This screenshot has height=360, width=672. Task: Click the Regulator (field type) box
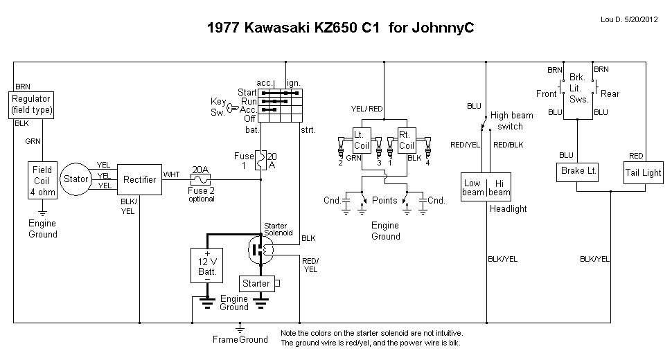tap(32, 105)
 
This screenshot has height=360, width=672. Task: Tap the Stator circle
tap(76, 179)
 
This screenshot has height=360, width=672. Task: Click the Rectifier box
tap(139, 180)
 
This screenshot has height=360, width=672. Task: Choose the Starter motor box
tap(256, 283)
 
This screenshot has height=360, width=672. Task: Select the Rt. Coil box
tap(406, 141)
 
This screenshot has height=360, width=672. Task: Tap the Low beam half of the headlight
tap(472, 187)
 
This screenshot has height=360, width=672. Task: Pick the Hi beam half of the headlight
tap(499, 187)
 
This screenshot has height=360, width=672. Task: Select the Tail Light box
tap(643, 172)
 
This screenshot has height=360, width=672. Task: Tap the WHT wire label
tap(170, 174)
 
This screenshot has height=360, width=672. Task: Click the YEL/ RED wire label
tap(367, 109)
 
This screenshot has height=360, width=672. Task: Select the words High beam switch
tap(511, 120)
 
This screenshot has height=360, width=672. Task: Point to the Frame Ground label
tap(240, 340)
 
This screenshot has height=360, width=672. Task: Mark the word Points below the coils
tap(384, 200)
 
